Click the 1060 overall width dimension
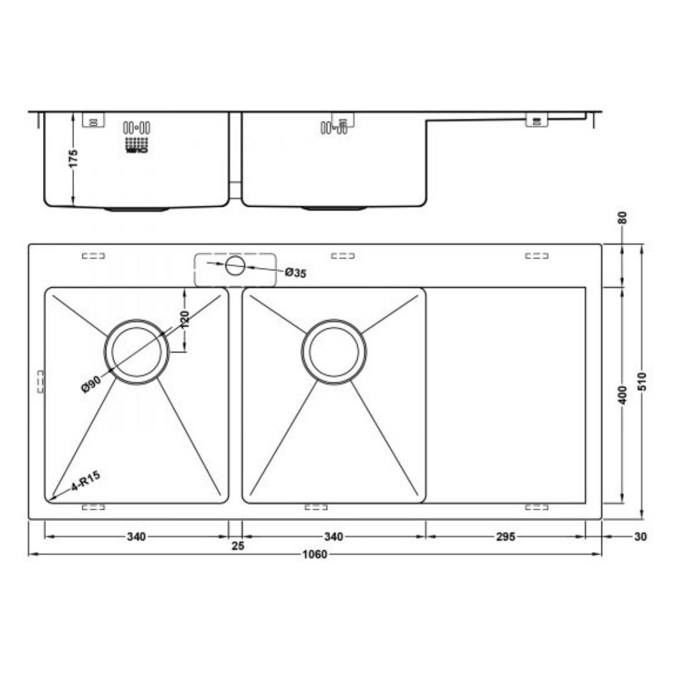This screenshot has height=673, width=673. (x=315, y=554)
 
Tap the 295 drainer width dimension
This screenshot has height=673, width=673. (x=505, y=537)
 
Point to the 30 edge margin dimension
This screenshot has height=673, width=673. (x=640, y=537)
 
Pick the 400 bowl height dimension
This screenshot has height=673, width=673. (x=623, y=395)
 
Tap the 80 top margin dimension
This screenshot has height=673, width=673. (x=623, y=218)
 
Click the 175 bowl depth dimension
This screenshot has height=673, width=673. (x=74, y=158)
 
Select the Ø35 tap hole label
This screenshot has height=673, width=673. (x=295, y=272)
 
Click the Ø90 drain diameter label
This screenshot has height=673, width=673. (x=90, y=384)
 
